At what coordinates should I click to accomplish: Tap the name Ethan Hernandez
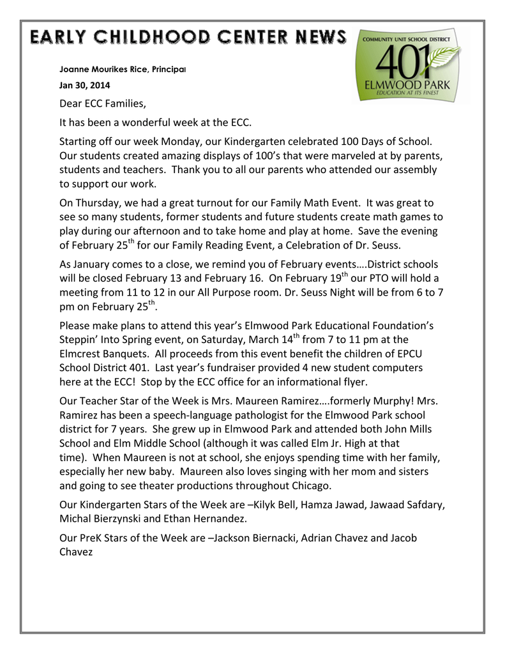click(x=205, y=519)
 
